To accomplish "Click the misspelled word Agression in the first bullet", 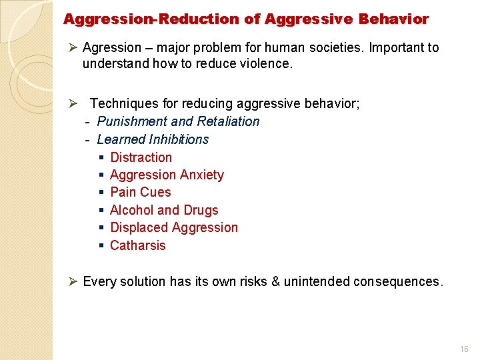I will click(x=112, y=48).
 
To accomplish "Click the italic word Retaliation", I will click(x=228, y=121).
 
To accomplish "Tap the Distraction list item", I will click(x=141, y=157).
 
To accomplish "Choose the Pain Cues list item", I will click(x=140, y=193).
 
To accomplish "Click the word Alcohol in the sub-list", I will click(x=131, y=210).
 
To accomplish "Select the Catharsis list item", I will click(x=137, y=245).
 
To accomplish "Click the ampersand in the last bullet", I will click(x=275, y=281).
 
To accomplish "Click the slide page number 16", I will click(x=464, y=349).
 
